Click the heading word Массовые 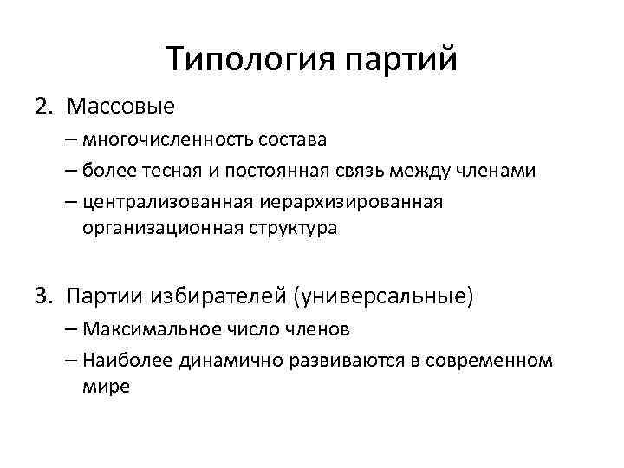pyautogui.click(x=120, y=107)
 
